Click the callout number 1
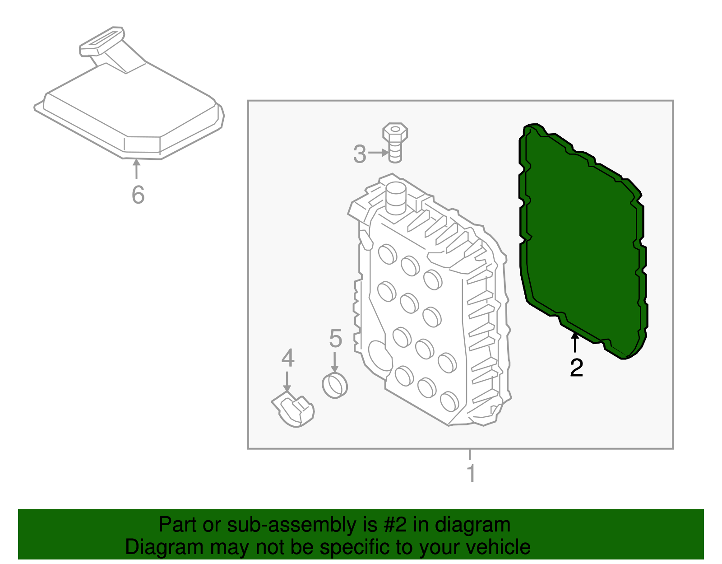471,473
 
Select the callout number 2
576,368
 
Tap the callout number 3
360,154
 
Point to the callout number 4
288,358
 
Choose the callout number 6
138,195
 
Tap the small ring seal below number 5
335,385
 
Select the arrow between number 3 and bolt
378,153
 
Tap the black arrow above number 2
575,342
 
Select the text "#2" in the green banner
395,525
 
